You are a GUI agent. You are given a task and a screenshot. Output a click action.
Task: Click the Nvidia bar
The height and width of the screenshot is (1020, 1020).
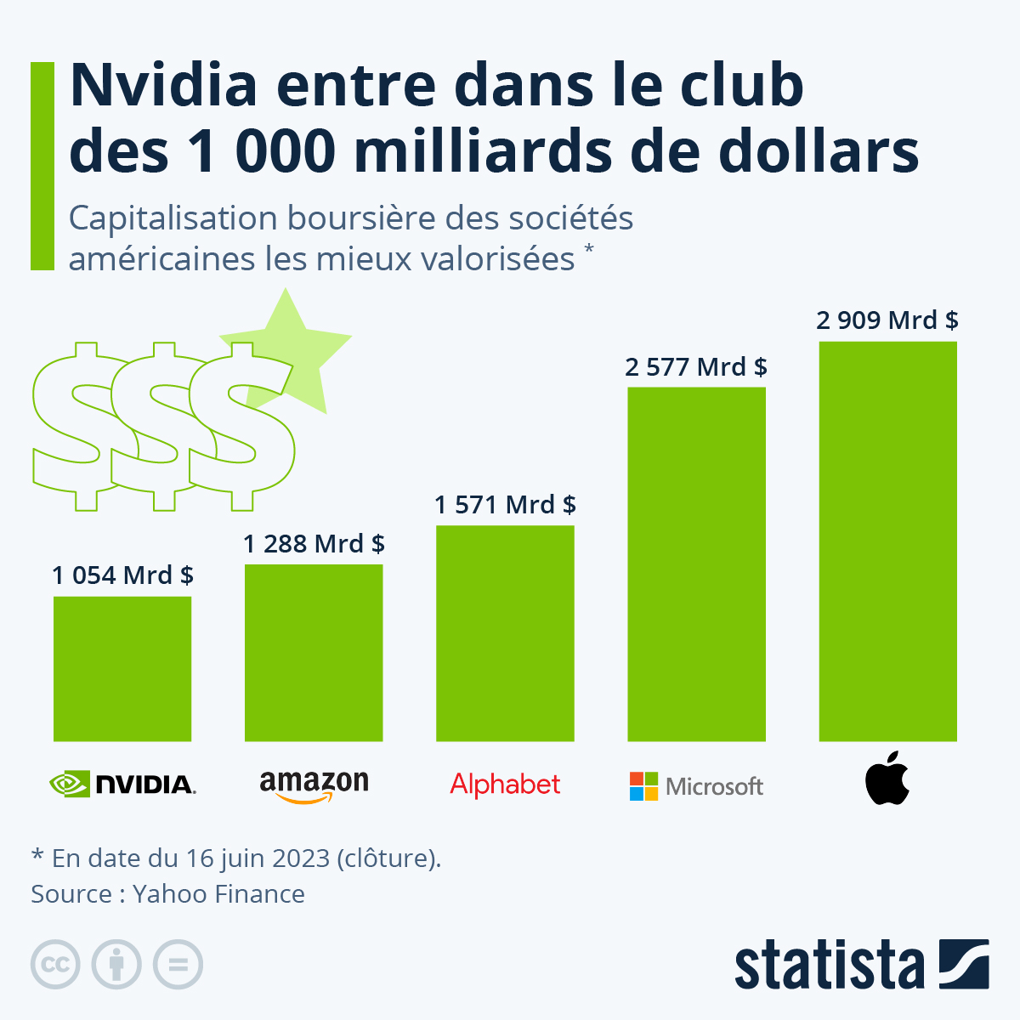coord(122,669)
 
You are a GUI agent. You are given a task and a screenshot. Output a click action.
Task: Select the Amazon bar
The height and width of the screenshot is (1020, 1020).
coord(314,653)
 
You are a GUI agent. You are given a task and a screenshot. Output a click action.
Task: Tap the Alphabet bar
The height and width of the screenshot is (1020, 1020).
coord(505,633)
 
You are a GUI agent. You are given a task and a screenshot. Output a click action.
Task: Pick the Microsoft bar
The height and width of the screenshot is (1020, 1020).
coord(696,564)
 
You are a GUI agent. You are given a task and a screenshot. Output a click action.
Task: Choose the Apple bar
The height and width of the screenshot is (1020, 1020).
coord(887,541)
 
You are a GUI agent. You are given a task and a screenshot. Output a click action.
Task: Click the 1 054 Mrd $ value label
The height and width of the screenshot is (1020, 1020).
coord(122,575)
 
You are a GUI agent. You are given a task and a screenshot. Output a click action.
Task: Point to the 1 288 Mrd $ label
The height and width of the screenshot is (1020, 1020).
coord(314,543)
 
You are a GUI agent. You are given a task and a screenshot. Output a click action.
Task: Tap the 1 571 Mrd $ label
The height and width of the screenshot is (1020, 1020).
coord(505,505)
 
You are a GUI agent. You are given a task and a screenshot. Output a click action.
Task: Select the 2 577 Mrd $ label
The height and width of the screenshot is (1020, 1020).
coord(696,366)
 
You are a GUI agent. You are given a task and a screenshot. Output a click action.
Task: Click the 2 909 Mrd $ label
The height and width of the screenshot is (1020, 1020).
coord(887,320)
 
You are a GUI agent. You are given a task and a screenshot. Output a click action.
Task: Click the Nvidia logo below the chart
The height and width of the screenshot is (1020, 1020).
coord(122,784)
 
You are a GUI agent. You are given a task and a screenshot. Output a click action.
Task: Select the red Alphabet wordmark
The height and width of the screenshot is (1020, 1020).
coord(505,785)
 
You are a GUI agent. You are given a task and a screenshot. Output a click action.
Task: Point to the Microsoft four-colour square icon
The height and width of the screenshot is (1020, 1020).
coord(643,786)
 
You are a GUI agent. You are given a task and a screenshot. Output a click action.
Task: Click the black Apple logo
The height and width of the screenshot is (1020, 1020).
coord(887,778)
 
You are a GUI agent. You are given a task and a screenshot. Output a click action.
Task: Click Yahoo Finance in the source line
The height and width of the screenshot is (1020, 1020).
coord(218,894)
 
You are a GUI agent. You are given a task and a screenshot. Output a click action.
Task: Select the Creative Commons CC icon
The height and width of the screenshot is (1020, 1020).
coord(55,965)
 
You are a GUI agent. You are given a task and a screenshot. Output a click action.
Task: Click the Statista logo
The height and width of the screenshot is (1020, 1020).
coord(861,965)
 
